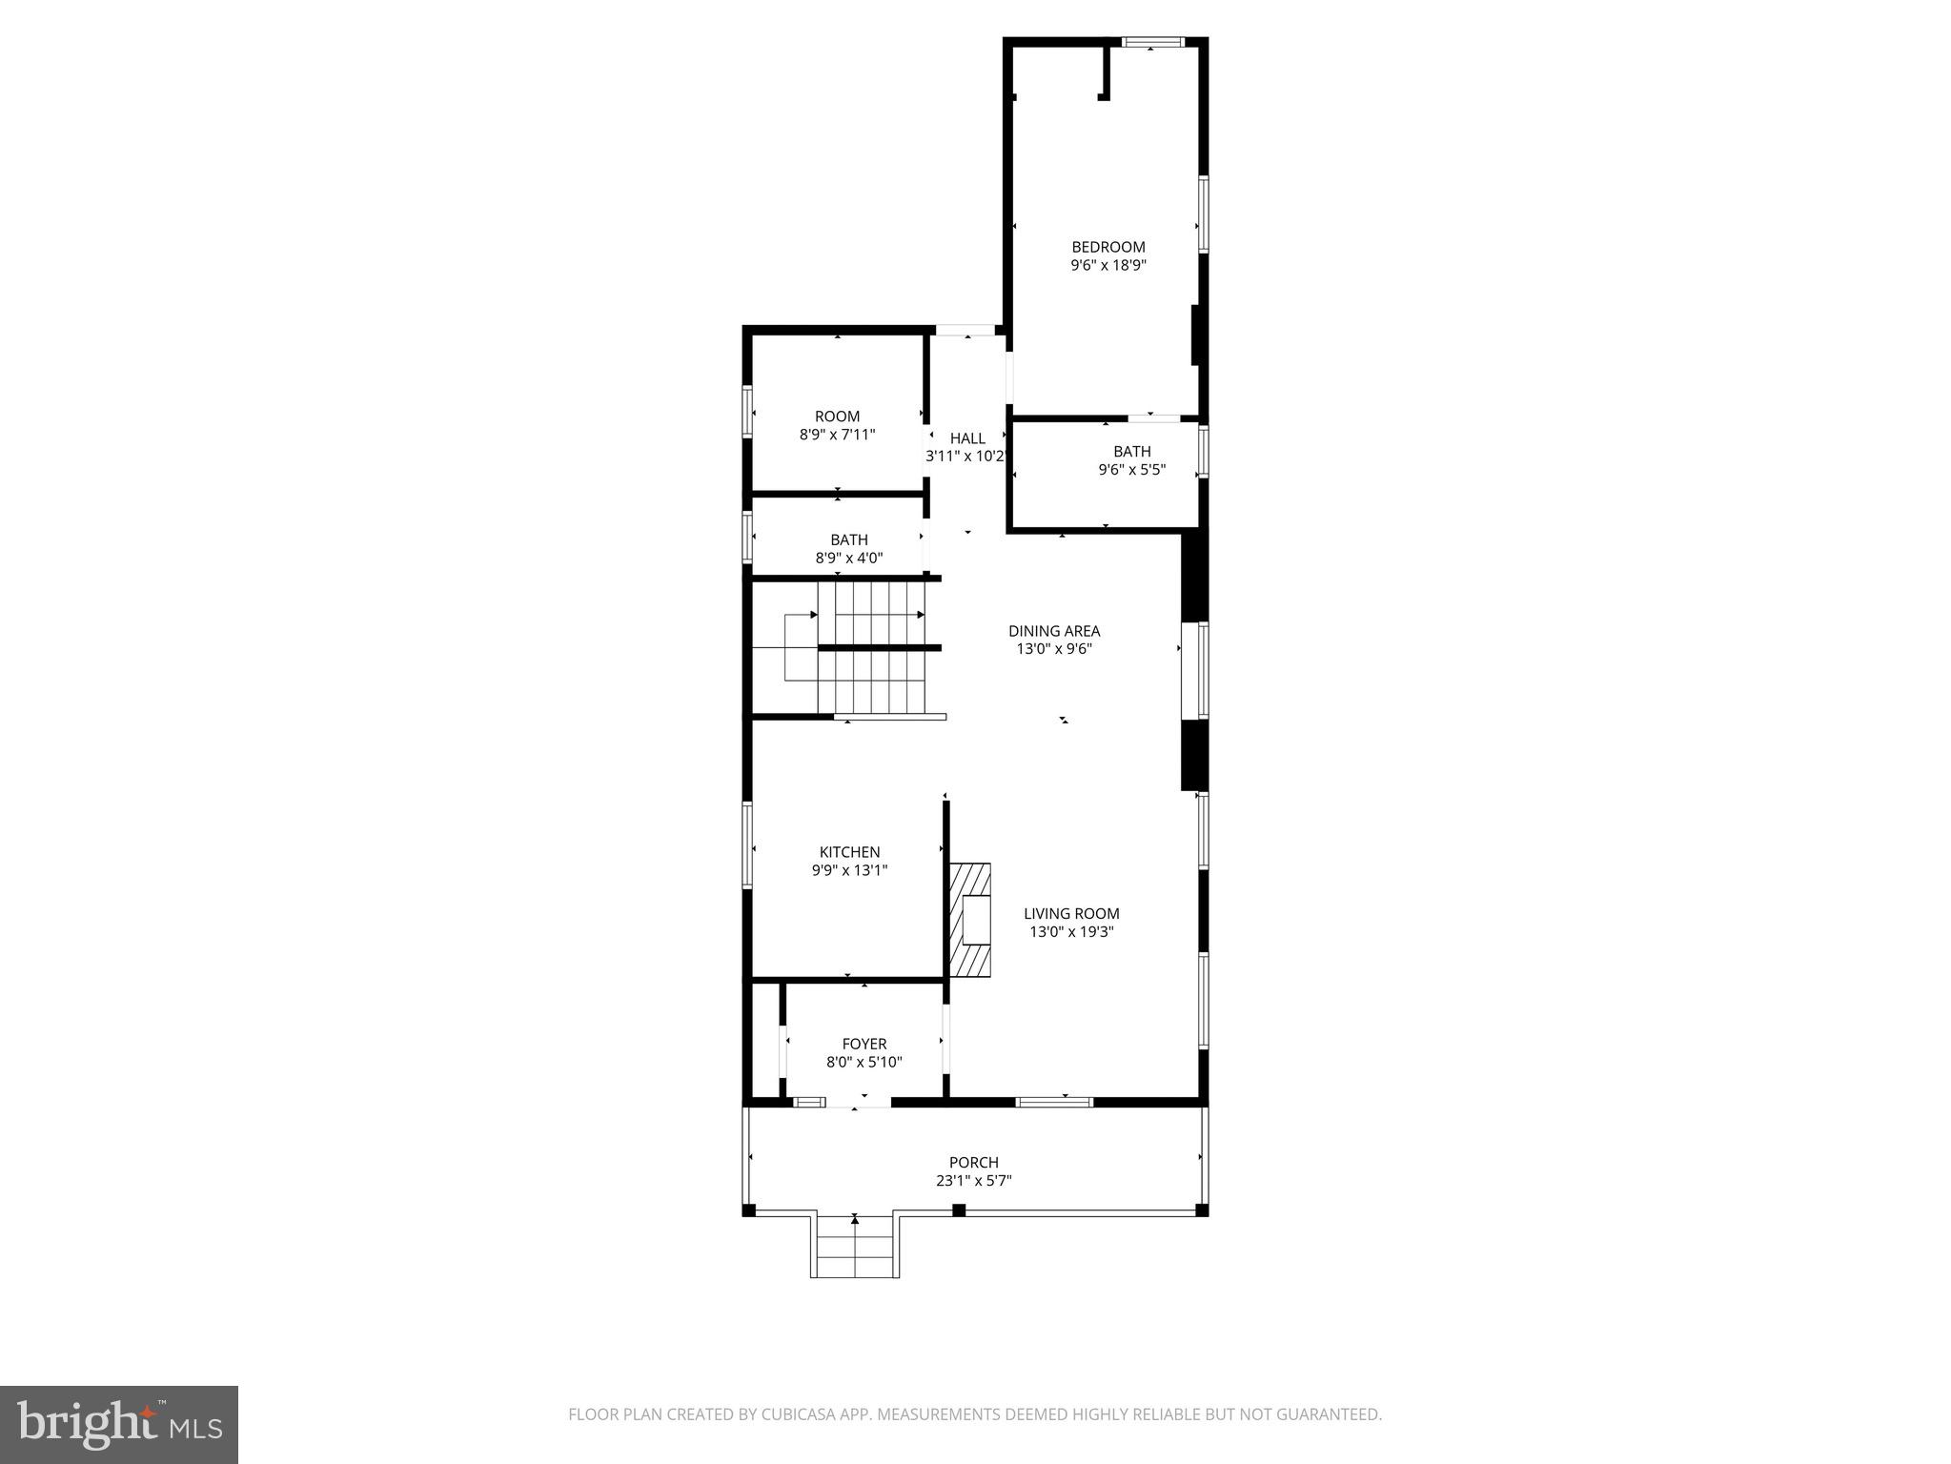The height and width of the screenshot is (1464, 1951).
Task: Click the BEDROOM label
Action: coord(1108,247)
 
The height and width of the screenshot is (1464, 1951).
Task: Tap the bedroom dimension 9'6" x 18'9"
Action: coord(1108,266)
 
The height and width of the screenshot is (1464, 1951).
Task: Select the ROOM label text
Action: coord(837,417)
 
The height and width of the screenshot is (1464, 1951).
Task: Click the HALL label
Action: coord(967,438)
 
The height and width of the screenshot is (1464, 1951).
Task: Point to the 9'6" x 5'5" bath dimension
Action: coord(1131,470)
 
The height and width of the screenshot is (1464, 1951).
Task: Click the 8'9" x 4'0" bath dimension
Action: coord(848,559)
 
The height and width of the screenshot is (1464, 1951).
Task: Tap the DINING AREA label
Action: coord(1054,631)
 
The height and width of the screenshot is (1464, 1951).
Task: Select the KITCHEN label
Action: coord(849,852)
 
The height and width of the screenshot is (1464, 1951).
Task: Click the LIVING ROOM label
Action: coord(1071,913)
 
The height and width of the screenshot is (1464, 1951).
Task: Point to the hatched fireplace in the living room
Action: coord(970,920)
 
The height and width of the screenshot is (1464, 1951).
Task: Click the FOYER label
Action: coord(864,1044)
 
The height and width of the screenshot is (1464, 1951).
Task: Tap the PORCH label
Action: coord(973,1162)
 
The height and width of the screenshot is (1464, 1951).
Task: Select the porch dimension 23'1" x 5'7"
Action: coord(973,1181)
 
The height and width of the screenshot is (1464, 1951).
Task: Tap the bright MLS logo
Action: coord(118,1424)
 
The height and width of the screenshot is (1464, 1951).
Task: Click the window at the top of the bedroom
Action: coord(1152,42)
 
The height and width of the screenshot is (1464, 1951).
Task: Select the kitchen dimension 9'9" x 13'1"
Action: coord(849,870)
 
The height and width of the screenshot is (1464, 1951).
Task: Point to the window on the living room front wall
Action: coord(1053,1102)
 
